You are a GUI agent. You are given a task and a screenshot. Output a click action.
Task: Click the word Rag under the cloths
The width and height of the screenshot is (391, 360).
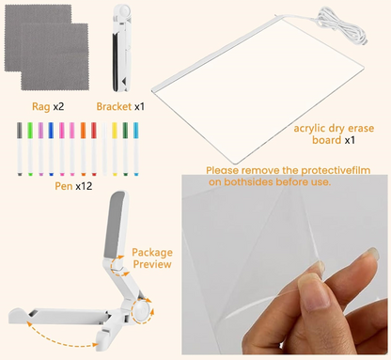tap(41, 107)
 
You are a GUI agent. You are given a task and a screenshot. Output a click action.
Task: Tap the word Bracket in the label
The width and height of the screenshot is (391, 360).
tap(114, 106)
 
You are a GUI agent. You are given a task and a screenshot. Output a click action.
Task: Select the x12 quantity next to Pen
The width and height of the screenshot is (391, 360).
tap(84, 186)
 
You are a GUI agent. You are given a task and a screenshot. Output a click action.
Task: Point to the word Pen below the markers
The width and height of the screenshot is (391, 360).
tap(64, 186)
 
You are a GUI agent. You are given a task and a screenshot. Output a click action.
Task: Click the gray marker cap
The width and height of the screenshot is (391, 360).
tap(20, 131)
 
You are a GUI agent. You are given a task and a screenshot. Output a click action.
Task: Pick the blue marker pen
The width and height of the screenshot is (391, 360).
tap(51, 149)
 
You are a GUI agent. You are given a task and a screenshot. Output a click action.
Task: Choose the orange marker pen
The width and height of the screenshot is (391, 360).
tap(83, 149)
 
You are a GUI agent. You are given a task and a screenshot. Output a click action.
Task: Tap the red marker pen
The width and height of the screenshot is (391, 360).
tap(94, 149)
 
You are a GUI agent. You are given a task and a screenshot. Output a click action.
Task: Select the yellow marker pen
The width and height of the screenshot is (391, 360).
tap(115, 149)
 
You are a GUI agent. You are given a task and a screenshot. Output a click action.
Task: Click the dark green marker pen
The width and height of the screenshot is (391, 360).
tap(125, 149)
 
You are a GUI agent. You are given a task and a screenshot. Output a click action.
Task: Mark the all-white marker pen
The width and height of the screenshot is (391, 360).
tap(104, 149)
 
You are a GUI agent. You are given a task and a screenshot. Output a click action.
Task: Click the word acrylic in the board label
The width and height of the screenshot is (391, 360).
tap(309, 129)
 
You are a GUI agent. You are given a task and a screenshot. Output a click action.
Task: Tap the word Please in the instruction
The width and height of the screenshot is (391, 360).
tap(223, 170)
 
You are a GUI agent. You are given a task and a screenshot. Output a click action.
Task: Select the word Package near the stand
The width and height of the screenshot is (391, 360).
tap(152, 253)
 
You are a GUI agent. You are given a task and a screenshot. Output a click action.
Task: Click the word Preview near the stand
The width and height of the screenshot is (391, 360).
tap(152, 264)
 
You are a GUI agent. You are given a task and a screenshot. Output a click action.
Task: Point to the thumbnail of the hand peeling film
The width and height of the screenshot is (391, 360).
tap(285, 265)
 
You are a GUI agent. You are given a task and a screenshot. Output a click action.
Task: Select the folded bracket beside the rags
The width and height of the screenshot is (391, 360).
tap(121, 48)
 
